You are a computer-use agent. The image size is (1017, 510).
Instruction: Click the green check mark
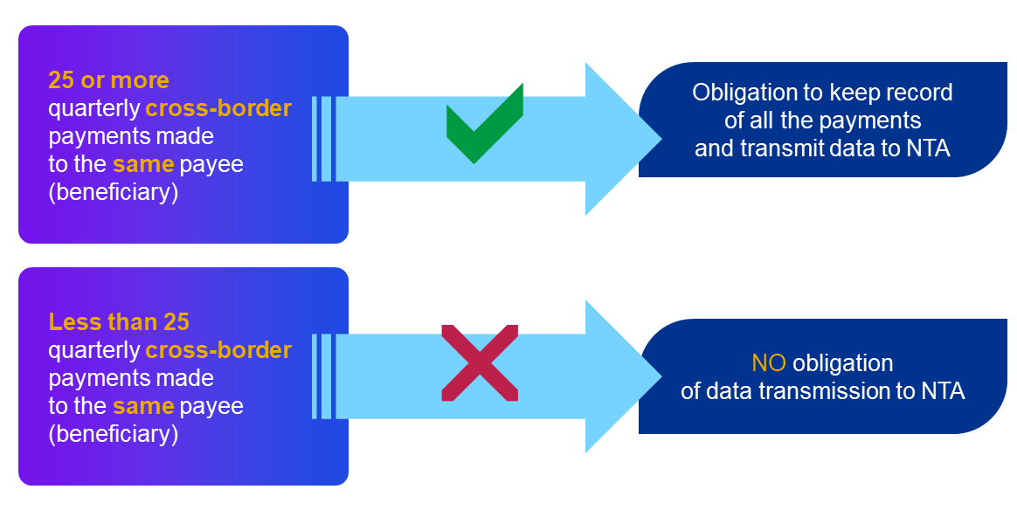click(x=483, y=126)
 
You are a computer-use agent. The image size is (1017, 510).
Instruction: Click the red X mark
click(x=480, y=362)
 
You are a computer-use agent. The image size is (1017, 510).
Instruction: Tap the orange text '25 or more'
click(x=108, y=80)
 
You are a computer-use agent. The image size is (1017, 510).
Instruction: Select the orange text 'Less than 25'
click(x=119, y=321)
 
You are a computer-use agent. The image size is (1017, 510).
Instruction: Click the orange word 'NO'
click(x=769, y=363)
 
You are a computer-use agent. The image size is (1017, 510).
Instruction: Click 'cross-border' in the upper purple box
click(x=218, y=108)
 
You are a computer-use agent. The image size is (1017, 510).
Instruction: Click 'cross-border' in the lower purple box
click(x=218, y=350)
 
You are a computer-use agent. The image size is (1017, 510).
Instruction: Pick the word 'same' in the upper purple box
click(x=143, y=164)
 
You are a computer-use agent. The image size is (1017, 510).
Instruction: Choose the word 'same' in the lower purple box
click(x=143, y=406)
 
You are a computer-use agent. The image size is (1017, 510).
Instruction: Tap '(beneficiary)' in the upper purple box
click(x=114, y=192)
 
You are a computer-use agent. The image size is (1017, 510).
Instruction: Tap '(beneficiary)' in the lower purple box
click(x=114, y=434)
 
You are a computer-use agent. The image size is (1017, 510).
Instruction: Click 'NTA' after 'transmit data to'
click(x=928, y=148)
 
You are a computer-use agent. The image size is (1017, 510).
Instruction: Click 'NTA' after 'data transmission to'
click(x=943, y=391)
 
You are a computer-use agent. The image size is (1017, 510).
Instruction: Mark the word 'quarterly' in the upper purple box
click(x=94, y=108)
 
